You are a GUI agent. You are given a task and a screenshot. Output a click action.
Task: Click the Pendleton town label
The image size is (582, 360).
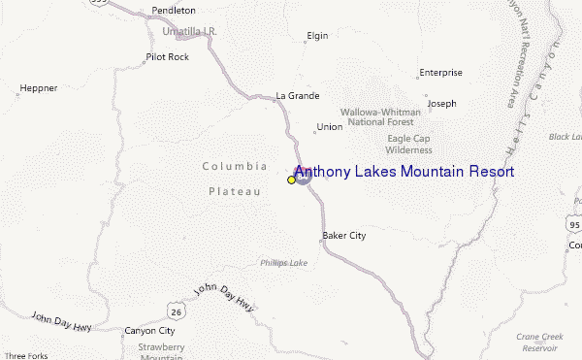tap(174, 11)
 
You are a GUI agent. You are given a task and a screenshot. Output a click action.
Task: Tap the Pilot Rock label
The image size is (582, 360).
tap(167, 58)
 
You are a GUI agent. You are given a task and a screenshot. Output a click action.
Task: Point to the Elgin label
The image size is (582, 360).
tap(317, 36)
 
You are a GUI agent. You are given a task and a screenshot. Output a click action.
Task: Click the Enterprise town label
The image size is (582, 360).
tap(440, 73)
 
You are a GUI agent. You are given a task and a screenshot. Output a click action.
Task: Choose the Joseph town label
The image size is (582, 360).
tap(441, 103)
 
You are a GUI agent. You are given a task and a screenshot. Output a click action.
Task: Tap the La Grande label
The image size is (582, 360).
tap(297, 96)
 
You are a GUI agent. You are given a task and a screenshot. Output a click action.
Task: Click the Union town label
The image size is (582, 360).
tap(329, 127)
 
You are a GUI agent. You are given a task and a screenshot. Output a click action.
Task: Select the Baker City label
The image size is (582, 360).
tap(343, 236)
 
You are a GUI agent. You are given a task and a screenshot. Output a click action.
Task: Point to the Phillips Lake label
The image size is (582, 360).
tap(283, 262)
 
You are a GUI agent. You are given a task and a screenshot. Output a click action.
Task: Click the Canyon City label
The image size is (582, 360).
tap(149, 331)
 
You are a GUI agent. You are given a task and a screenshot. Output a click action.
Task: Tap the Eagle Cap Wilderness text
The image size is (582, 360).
tap(408, 145)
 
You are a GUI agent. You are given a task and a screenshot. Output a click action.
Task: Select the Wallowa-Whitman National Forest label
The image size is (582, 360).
tap(380, 117)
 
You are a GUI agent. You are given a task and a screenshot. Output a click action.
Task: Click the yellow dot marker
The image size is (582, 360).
tap(291, 180)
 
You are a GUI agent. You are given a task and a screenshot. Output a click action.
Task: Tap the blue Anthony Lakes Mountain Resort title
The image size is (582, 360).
tap(404, 172)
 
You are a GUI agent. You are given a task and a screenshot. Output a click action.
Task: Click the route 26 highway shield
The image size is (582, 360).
tap(176, 311)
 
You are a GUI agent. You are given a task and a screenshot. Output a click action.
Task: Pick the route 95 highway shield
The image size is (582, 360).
tap(574, 225)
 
